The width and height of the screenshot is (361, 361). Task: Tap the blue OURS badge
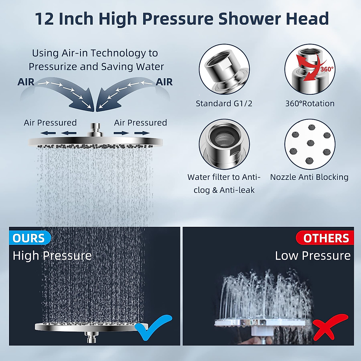29,238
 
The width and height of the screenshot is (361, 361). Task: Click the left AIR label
26,82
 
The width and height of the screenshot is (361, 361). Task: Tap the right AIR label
164,82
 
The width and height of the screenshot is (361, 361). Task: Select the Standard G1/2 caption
224,103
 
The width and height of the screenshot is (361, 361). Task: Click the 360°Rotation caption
310,103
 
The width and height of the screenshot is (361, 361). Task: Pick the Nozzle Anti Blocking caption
309,177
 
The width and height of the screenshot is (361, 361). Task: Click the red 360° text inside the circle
327,69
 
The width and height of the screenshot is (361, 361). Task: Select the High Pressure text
52,256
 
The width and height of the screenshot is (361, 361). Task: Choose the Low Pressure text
313,256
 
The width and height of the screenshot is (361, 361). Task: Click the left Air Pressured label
50,123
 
